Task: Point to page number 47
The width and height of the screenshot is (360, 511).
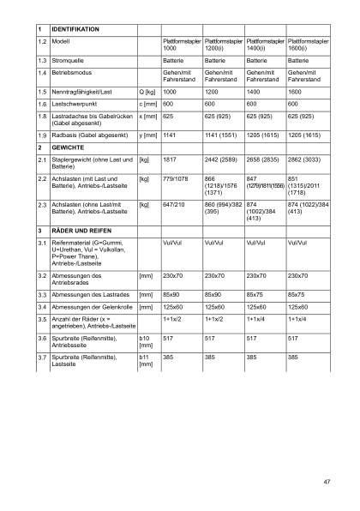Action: coord(327,481)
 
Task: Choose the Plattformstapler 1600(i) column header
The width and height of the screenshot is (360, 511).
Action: coord(308,45)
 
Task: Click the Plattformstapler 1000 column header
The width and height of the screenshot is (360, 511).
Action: coord(181,45)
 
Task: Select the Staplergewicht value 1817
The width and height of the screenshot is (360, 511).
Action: coord(170,159)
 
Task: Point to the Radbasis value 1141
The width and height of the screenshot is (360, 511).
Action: coord(170,135)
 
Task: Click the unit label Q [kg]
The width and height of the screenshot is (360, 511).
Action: coord(147,90)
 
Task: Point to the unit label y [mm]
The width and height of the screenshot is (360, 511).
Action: coord(148,135)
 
